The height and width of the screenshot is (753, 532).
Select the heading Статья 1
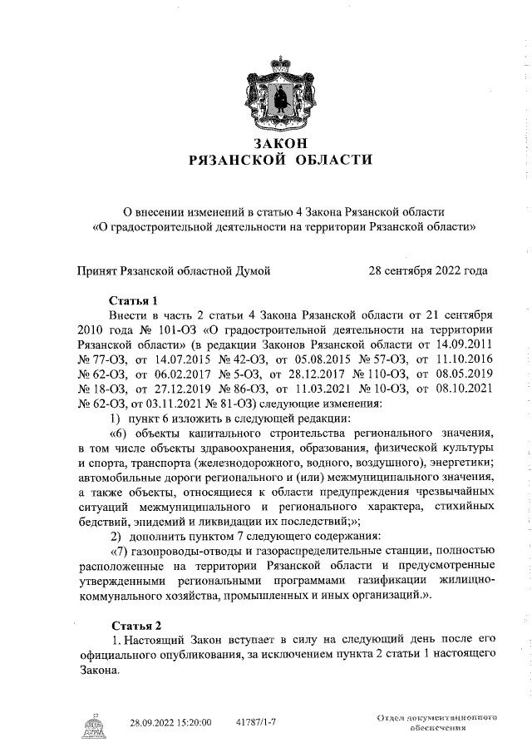point(133,300)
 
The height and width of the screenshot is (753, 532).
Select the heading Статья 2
point(133,624)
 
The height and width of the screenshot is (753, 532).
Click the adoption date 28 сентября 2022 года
point(428,270)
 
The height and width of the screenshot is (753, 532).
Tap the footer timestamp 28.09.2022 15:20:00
point(171,723)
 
